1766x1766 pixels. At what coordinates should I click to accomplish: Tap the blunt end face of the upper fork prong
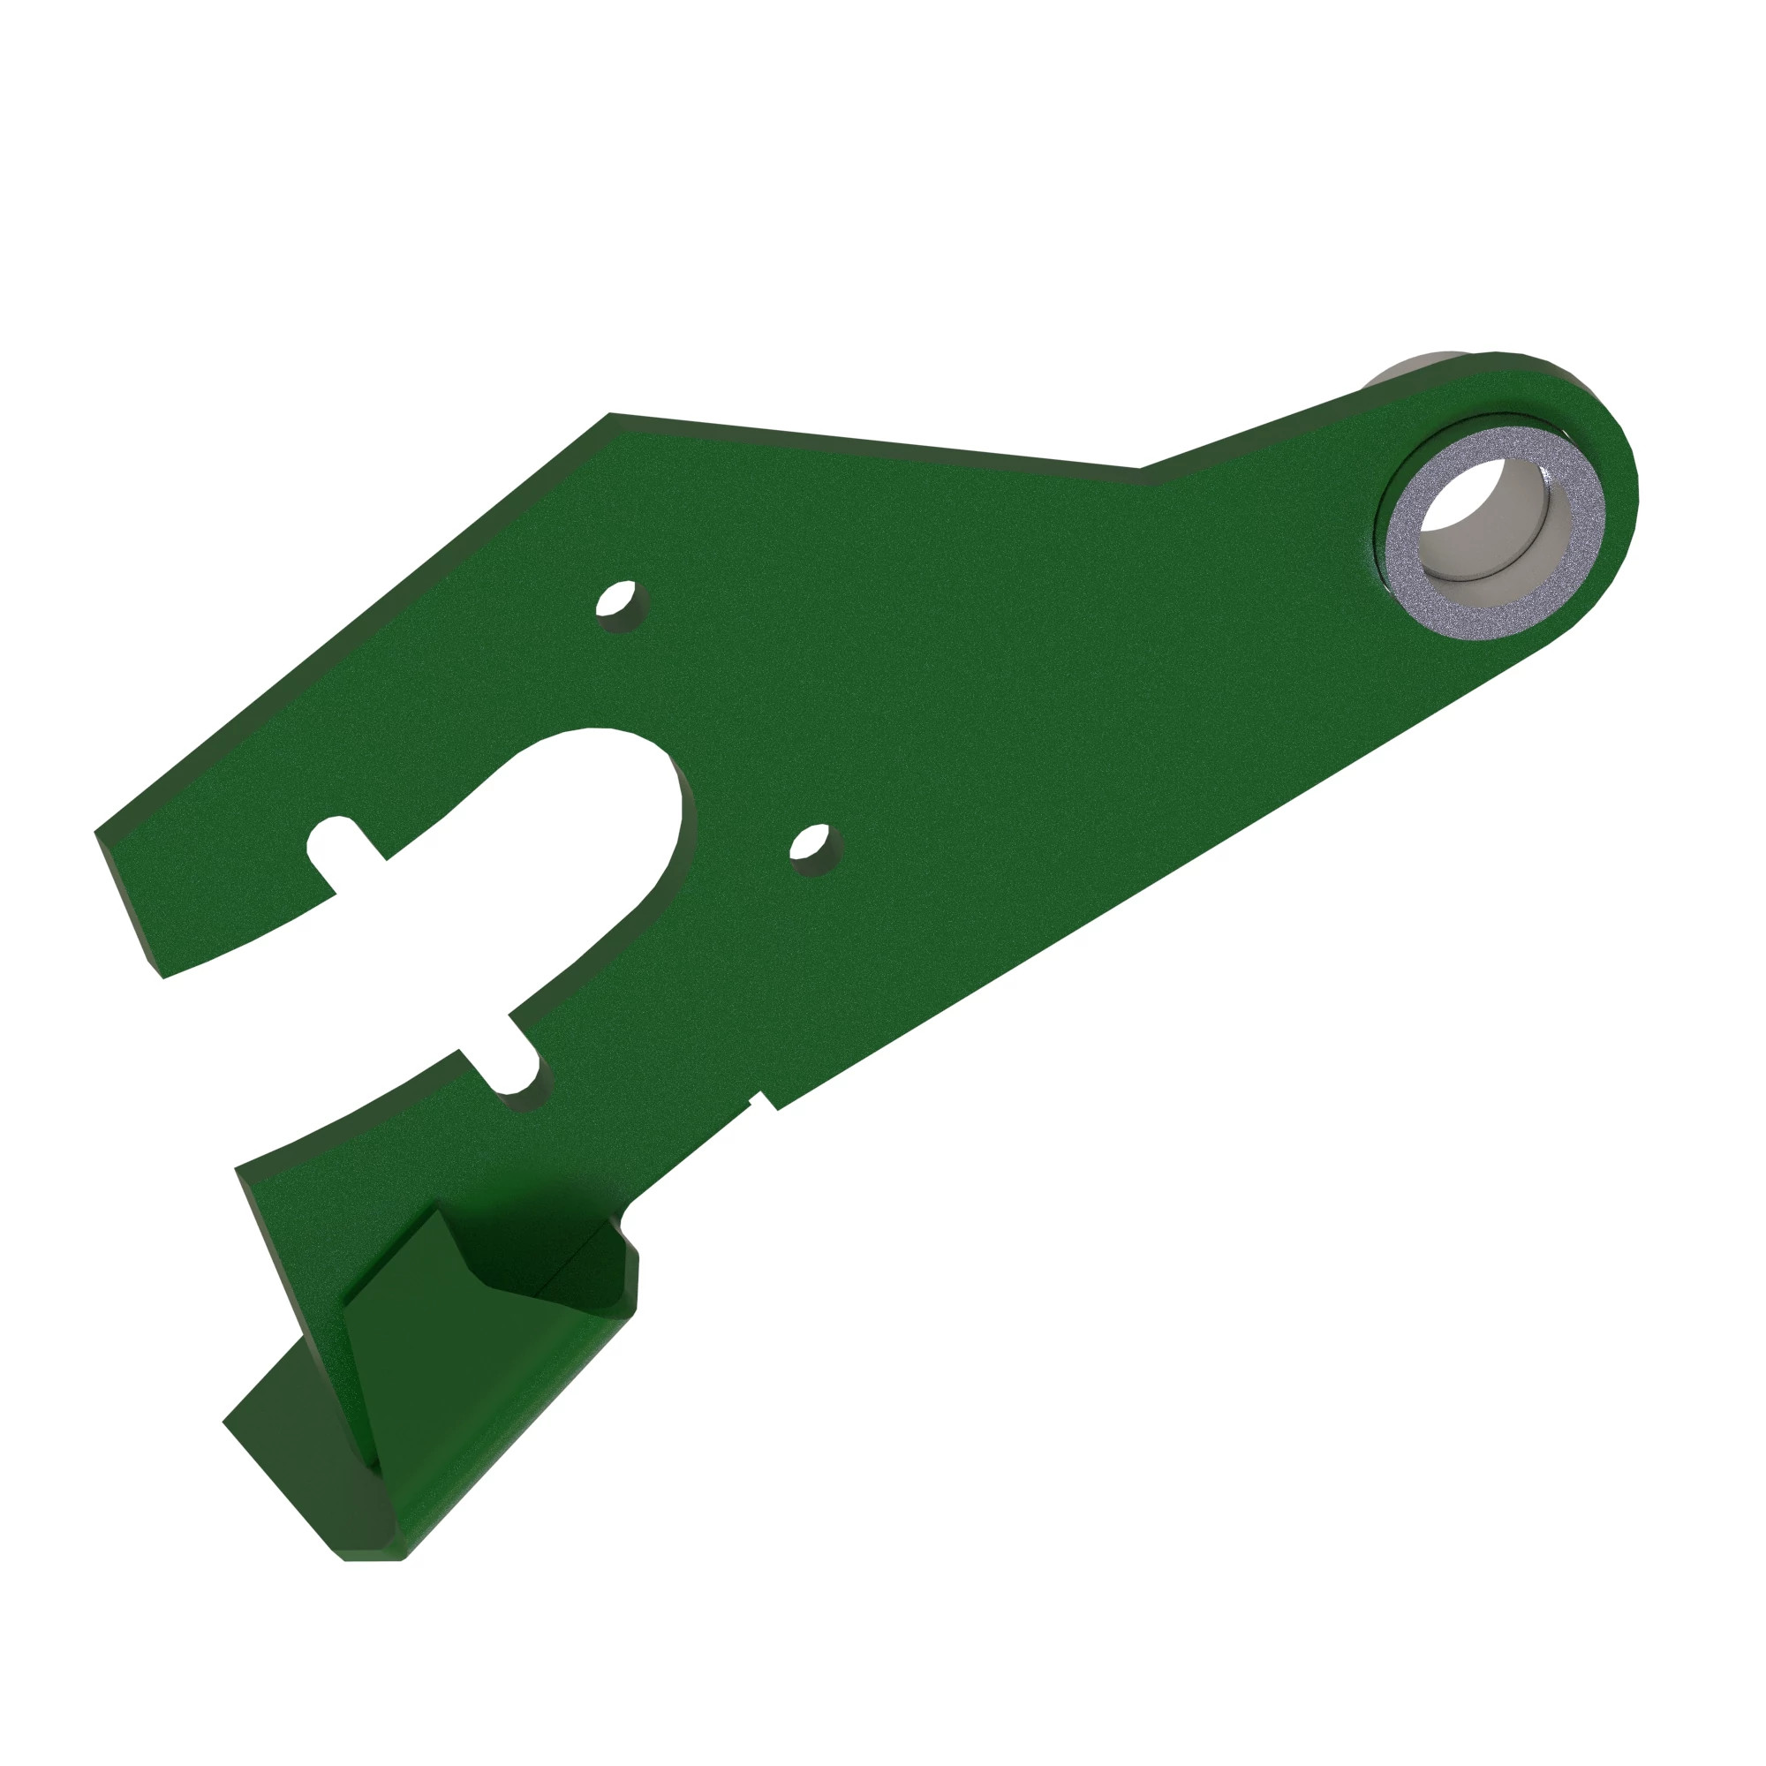pos(128,901)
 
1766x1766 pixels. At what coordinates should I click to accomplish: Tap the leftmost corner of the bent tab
pos(226,1422)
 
